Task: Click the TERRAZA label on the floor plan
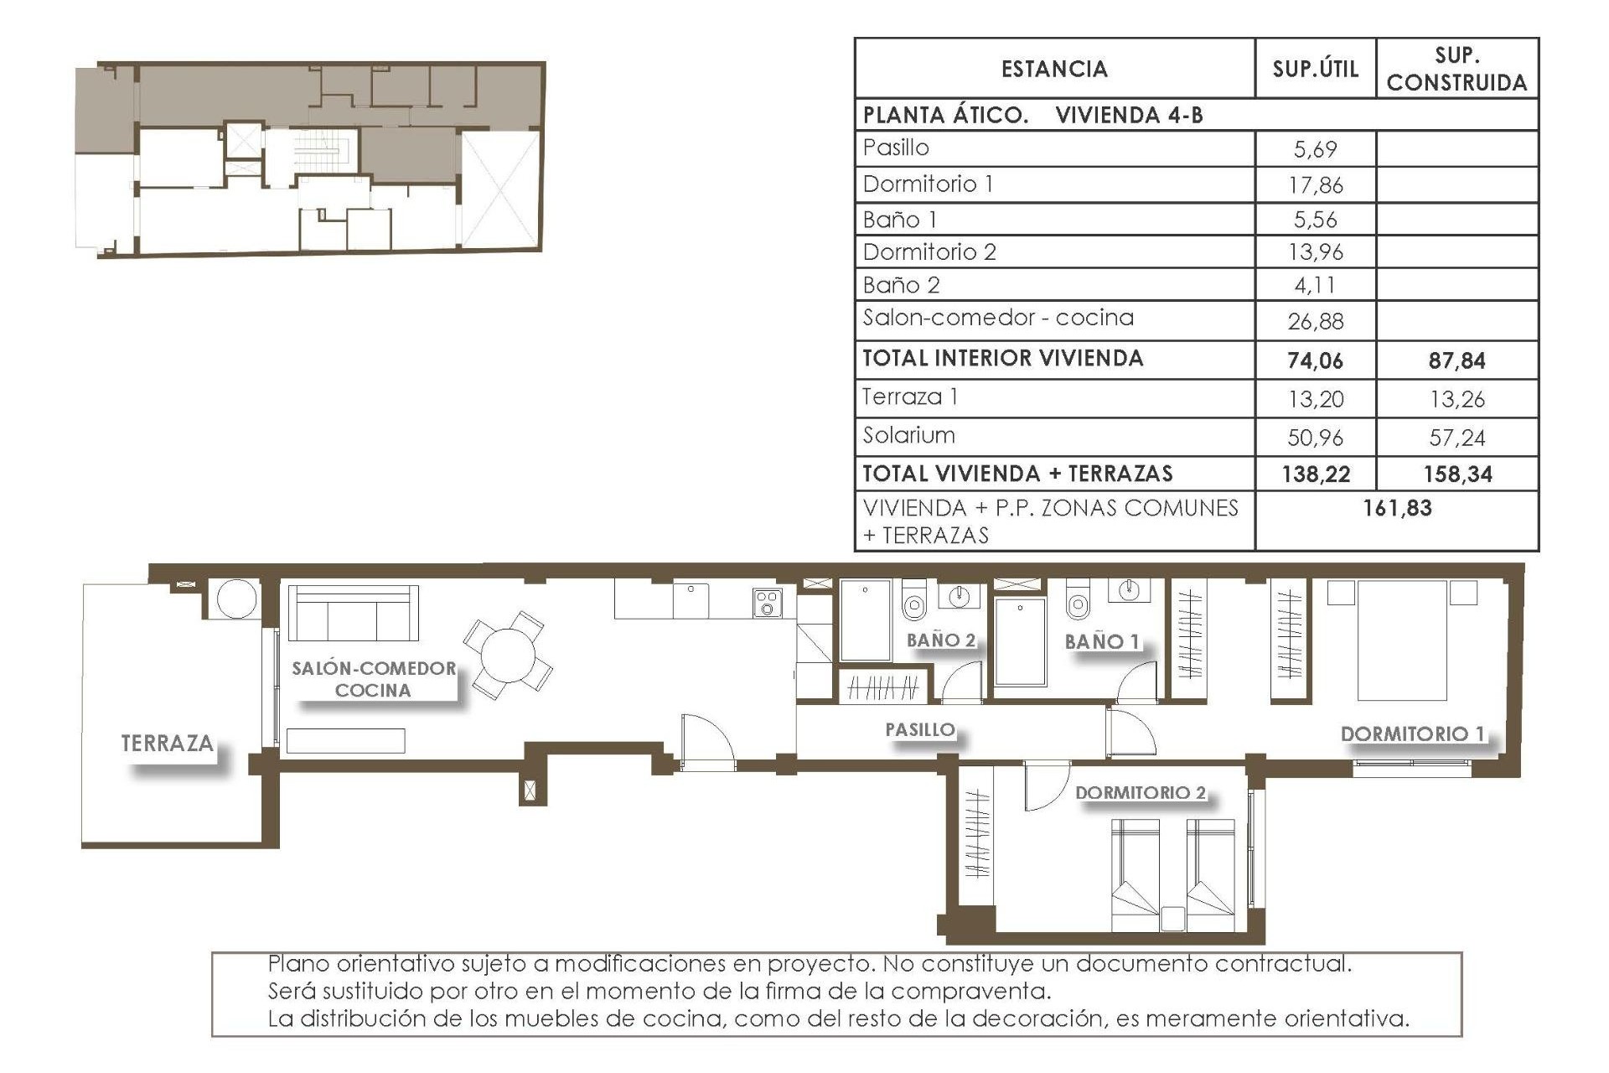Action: (167, 743)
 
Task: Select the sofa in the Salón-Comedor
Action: (353, 614)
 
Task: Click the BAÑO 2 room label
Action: (940, 640)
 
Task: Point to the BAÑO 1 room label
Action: (1101, 642)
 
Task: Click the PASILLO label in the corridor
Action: (919, 729)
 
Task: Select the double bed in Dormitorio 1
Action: (1402, 640)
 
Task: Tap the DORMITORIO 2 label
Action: (1140, 792)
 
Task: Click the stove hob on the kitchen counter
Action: (767, 603)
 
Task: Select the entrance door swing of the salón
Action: (706, 741)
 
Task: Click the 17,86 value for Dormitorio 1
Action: (1315, 185)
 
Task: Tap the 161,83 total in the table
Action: (1397, 508)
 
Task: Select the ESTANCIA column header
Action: (1054, 69)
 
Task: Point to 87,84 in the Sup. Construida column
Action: (1456, 360)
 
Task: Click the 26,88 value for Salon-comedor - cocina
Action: (1315, 321)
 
